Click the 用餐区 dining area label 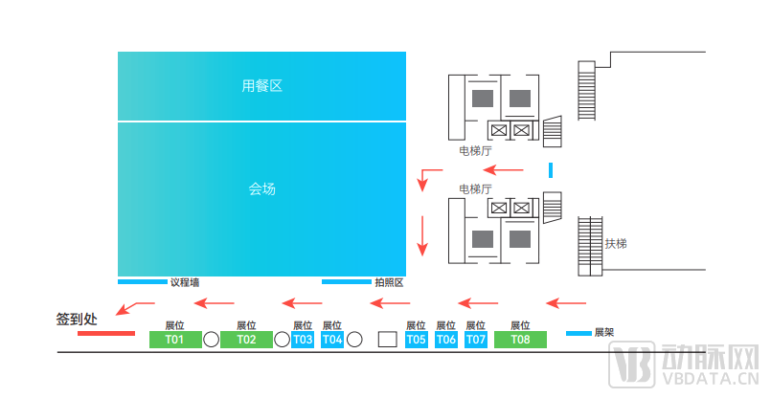pyautogui.click(x=261, y=86)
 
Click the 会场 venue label pyautogui.click(x=261, y=189)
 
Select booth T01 pyautogui.click(x=175, y=340)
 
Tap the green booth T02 pyautogui.click(x=246, y=340)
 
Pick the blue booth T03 pyautogui.click(x=303, y=340)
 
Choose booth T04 pyautogui.click(x=332, y=340)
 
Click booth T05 pyautogui.click(x=416, y=340)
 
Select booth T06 pyautogui.click(x=446, y=340)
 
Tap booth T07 pyautogui.click(x=476, y=340)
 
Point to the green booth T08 pyautogui.click(x=520, y=340)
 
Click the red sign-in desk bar pyautogui.click(x=106, y=333)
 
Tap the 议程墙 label pyautogui.click(x=184, y=282)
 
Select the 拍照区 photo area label pyautogui.click(x=388, y=282)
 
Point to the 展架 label pyautogui.click(x=603, y=333)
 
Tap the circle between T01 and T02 pyautogui.click(x=211, y=340)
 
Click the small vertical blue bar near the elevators pyautogui.click(x=551, y=170)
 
